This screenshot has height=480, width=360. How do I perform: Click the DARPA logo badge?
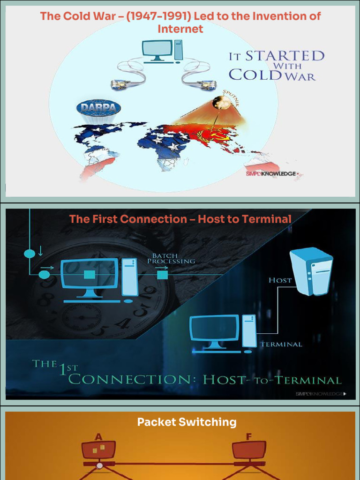tap(98, 108)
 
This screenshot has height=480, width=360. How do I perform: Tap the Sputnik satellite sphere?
tap(221, 103)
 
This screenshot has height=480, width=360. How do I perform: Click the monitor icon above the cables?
tap(157, 50)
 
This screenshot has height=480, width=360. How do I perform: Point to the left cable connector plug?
tap(121, 84)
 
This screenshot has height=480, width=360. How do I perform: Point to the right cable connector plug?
tap(206, 84)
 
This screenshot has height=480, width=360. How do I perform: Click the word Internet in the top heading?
tap(180, 29)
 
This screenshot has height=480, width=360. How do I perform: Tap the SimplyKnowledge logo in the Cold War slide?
tap(272, 174)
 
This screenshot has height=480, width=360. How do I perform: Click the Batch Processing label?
tap(171, 258)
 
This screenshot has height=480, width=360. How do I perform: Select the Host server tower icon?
tap(311, 271)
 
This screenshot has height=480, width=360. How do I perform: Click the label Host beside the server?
tap(280, 280)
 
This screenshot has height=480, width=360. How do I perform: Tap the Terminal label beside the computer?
tap(281, 345)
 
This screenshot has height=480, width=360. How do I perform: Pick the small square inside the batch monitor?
tap(90, 274)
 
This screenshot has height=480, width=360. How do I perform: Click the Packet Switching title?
tap(187, 422)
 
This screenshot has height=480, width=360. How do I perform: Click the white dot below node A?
tap(99, 465)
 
